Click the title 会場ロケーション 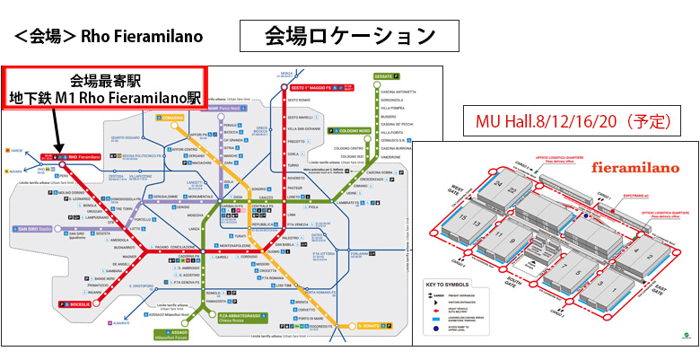[350, 36]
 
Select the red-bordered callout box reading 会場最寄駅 [104, 89]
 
